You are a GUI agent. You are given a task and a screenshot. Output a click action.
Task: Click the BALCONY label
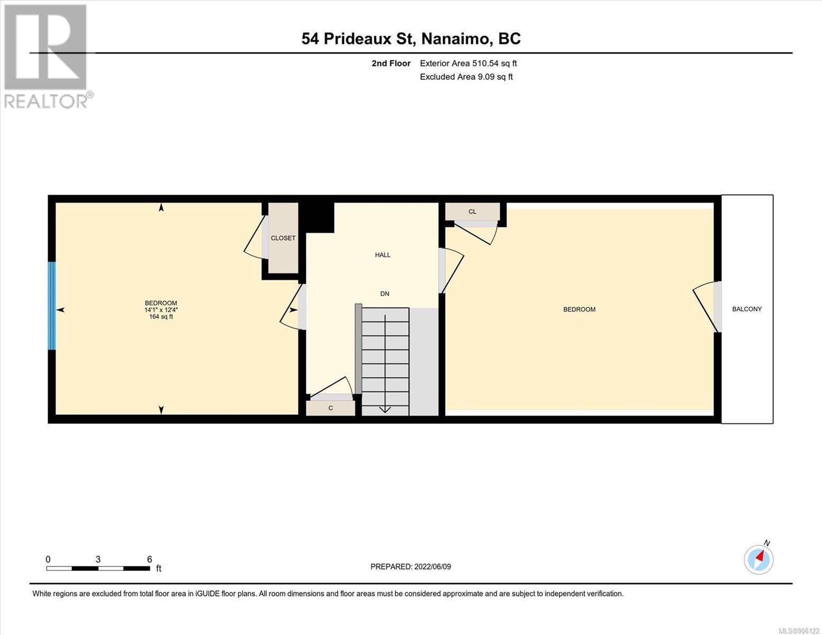747,309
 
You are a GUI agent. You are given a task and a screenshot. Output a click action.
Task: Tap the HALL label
383,255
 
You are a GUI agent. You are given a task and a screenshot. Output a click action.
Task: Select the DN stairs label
385,294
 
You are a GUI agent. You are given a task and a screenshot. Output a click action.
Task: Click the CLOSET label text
283,238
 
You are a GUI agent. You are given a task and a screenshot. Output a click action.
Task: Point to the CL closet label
472,212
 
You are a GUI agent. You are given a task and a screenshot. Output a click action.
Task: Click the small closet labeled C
330,408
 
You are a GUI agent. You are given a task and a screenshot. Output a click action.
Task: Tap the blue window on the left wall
51,305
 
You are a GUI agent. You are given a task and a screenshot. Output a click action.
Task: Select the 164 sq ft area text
161,316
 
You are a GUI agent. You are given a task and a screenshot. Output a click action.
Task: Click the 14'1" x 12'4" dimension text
161,310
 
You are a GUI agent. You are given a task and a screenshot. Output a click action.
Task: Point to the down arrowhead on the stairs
385,409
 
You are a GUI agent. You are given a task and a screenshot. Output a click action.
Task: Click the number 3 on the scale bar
98,559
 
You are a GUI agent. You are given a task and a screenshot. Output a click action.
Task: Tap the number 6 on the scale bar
149,559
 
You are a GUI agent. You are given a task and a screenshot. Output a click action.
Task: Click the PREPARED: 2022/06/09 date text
410,567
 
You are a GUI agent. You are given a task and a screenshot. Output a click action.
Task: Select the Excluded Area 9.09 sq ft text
466,77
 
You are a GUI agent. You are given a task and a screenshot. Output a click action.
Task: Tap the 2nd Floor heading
391,63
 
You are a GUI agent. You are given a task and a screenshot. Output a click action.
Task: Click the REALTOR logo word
46,101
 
